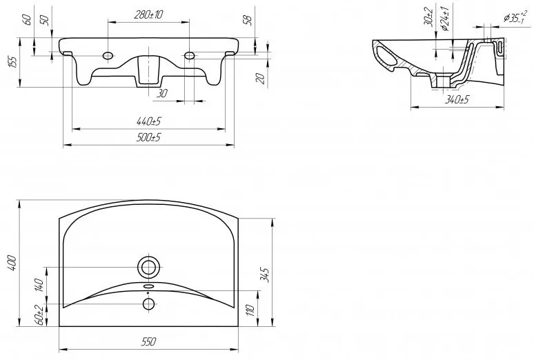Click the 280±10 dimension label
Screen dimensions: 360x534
coord(148,14)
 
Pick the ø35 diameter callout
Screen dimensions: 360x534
coord(515,18)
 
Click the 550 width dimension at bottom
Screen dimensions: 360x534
coord(149,341)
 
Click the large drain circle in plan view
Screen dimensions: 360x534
coord(148,266)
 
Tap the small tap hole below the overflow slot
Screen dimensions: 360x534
coord(148,303)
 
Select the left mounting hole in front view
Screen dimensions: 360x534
coord(108,54)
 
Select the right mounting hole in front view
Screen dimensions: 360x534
coord(189,54)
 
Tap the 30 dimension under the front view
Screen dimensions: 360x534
coord(162,93)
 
